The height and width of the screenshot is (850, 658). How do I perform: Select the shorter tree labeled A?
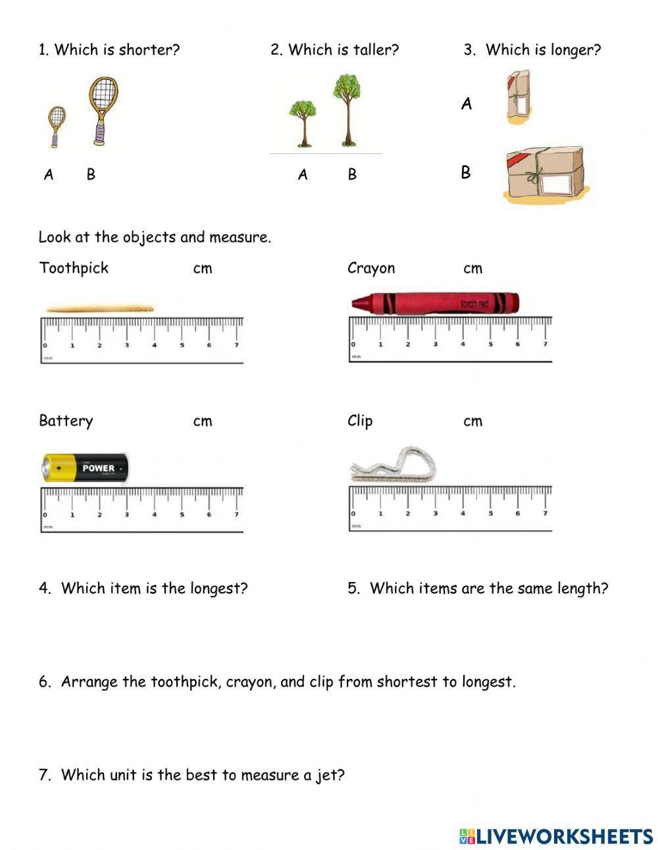303,121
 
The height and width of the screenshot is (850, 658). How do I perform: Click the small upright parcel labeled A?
519,97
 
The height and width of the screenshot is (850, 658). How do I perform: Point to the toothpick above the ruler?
99,308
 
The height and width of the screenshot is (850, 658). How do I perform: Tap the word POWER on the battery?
99,468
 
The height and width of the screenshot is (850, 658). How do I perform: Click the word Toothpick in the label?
74,268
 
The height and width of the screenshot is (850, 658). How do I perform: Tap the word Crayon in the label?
371,269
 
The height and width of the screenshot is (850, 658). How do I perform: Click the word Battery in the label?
66,421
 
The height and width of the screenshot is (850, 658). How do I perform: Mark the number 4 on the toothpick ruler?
155,345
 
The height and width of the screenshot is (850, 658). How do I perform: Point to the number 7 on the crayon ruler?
545,344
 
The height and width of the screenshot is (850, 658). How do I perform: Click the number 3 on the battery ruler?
127,515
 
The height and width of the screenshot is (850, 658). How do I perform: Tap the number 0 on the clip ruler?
353,514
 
